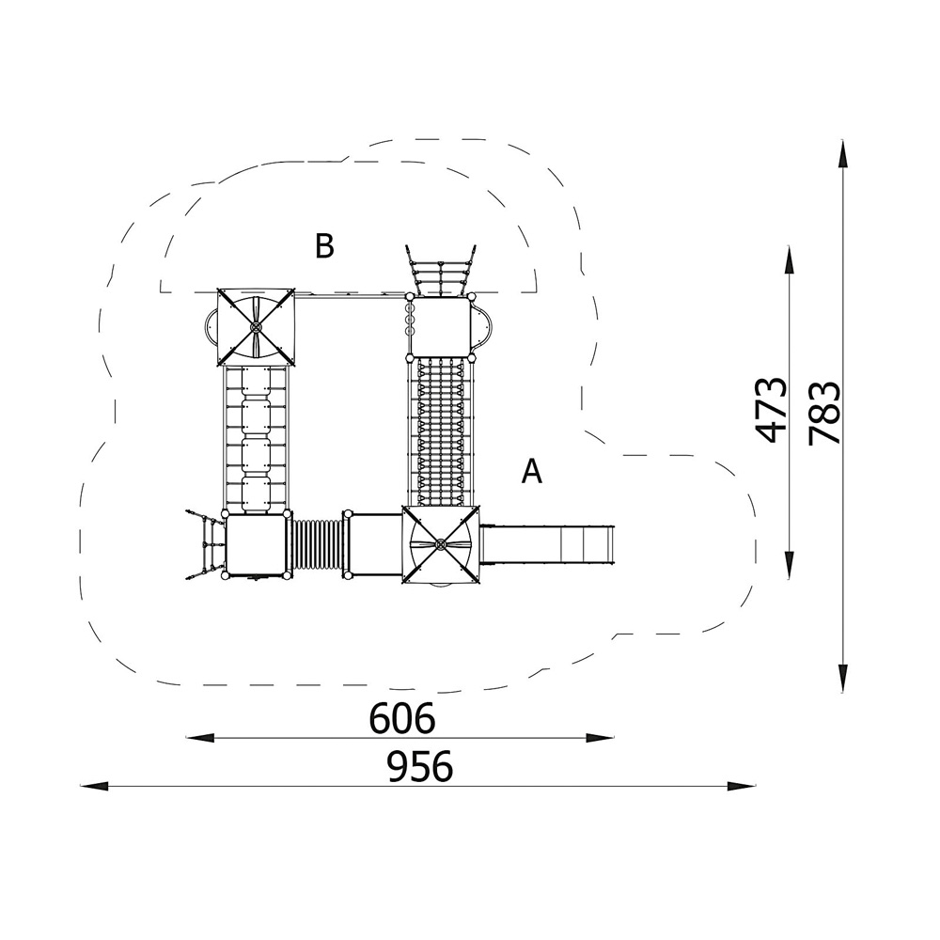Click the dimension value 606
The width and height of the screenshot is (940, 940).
tap(401, 718)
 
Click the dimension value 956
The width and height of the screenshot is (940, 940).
tap(419, 767)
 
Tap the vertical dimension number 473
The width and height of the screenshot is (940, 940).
tap(771, 410)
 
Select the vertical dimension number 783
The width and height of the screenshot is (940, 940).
tap(824, 413)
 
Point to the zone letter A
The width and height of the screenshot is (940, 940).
tap(532, 471)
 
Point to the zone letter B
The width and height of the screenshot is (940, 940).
tap(324, 245)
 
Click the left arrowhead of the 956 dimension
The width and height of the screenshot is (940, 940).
tap(94, 786)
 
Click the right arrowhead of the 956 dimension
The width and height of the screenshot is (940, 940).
tap(741, 786)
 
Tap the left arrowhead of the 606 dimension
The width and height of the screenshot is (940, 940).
tap(199, 737)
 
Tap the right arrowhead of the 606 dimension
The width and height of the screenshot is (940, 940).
tap(600, 737)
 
